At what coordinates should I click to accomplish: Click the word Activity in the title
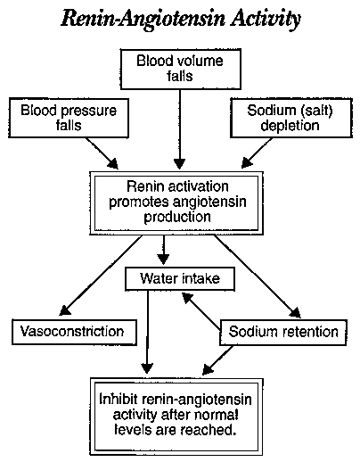pos(266,20)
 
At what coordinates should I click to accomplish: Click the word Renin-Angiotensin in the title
pos(143,20)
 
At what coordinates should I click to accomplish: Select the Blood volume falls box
pos(180,69)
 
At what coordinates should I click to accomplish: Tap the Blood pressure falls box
pos(69,118)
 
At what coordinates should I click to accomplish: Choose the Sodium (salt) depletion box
pos(291,118)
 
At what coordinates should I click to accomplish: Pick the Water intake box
pos(180,279)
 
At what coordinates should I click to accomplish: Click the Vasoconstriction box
pos(74,332)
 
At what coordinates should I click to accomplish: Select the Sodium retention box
pos(283,333)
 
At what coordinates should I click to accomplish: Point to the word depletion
pos(290,126)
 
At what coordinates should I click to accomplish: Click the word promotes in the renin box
pos(139,202)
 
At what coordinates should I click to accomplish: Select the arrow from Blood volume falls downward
pos(180,129)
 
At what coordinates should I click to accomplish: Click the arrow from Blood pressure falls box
pos(102,153)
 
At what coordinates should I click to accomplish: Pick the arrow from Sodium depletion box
pos(257,153)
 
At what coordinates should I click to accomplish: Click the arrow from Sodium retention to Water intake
pos(201,311)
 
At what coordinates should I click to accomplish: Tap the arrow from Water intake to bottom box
pos(147,332)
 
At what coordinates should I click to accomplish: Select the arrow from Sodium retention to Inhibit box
pos(217,360)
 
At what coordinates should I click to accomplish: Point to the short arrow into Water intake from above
pos(163,250)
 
